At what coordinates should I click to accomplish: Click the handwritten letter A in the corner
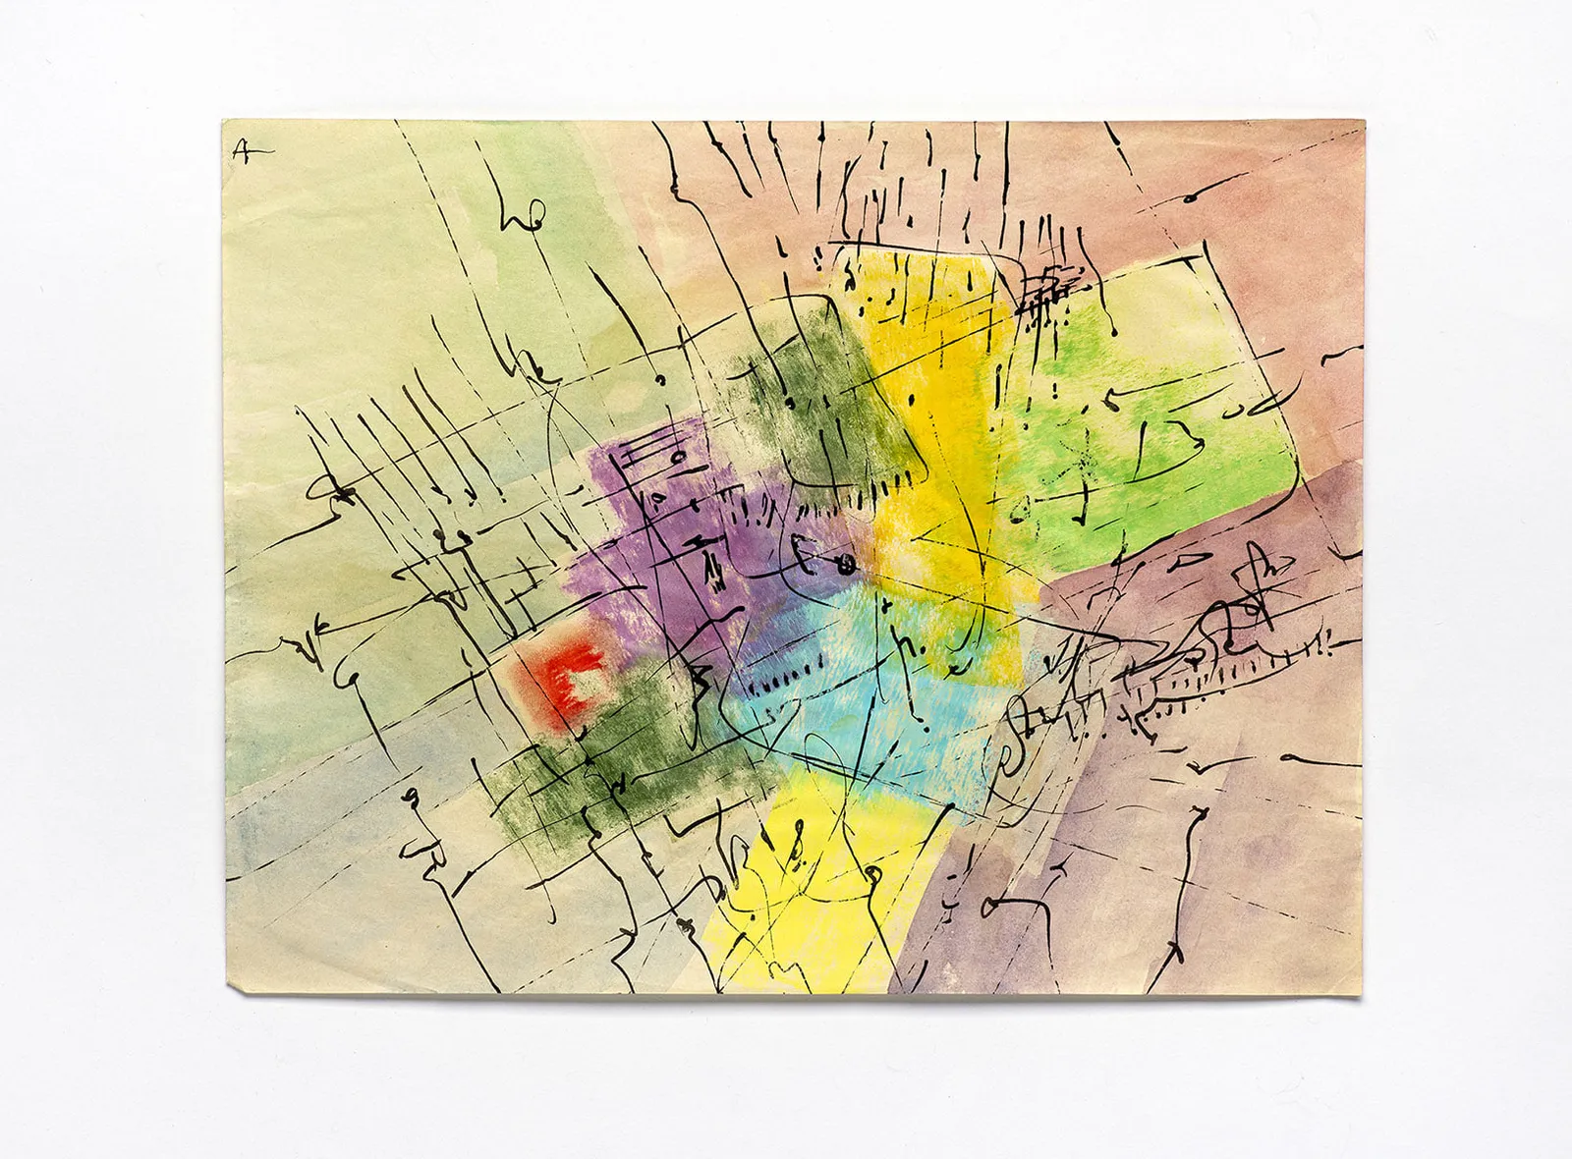point(241,150)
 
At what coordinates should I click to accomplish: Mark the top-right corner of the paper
point(1365,122)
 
